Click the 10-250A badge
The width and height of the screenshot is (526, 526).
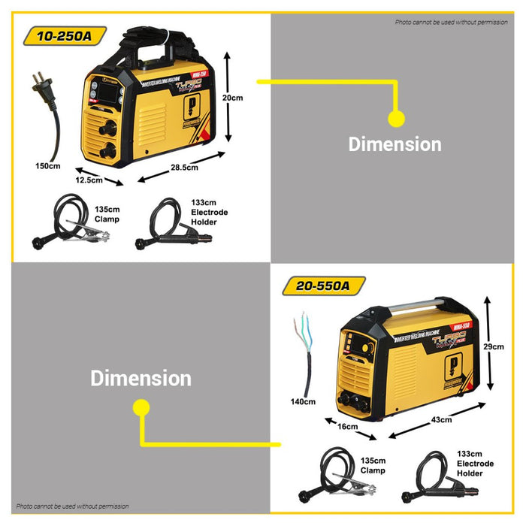click(65, 36)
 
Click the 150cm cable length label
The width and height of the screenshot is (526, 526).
click(47, 165)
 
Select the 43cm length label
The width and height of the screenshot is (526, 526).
click(443, 419)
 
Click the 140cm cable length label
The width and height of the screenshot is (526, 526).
click(303, 402)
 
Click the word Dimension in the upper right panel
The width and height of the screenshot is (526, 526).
click(394, 144)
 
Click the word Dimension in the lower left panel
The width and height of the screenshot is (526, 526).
click(141, 378)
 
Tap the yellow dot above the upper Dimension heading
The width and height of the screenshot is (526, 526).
click(396, 118)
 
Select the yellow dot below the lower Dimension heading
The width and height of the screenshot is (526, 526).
click(140, 407)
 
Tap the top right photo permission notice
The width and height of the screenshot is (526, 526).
click(451, 23)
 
